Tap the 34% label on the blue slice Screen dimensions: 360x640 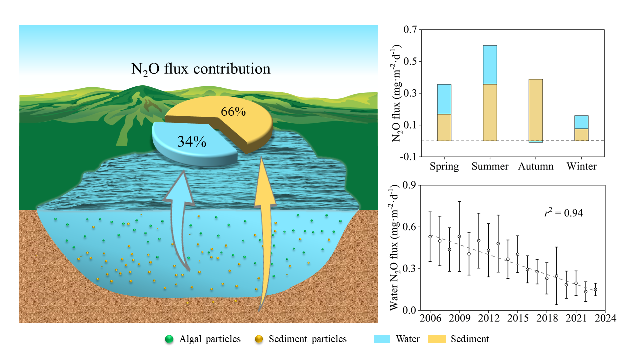(x=192, y=142)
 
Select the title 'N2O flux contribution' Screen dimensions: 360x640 (x=200, y=69)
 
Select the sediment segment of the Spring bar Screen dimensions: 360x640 (x=444, y=127)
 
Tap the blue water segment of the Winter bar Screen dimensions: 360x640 (x=581, y=122)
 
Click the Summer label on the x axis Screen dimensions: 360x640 (x=490, y=166)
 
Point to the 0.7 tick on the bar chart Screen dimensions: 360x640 (x=410, y=30)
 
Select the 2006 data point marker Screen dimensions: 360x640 (x=430, y=236)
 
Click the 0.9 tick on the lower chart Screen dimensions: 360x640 (x=410, y=185)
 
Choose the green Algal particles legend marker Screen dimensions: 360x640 (x=169, y=339)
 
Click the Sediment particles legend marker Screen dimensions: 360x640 (x=260, y=339)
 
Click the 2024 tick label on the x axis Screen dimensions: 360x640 (x=605, y=318)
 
